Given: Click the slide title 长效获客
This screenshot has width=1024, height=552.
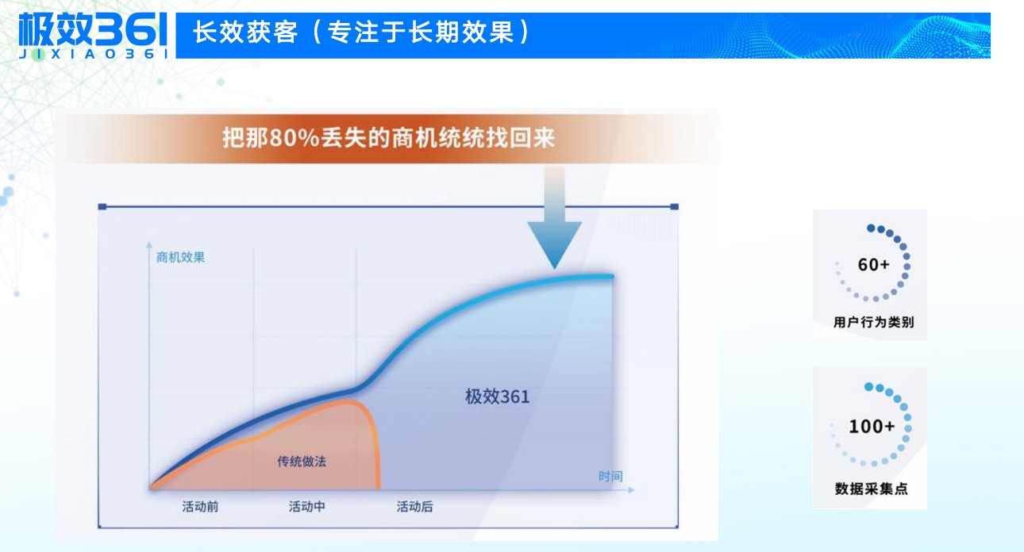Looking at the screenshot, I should (x=245, y=33).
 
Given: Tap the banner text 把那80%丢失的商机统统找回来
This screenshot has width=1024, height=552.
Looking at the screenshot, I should (x=388, y=138).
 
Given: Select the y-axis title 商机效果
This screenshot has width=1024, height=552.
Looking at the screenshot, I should (x=181, y=257).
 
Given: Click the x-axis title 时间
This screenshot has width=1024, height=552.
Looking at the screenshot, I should (x=610, y=476).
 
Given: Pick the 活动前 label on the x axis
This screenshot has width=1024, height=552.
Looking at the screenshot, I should (x=200, y=506).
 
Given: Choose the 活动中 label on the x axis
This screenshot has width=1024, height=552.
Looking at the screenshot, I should (x=306, y=506).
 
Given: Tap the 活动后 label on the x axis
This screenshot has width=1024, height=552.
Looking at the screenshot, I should (x=414, y=506).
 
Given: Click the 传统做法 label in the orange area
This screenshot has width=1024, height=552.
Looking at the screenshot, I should (x=302, y=461).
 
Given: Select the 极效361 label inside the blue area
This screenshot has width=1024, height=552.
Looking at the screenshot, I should (x=497, y=396).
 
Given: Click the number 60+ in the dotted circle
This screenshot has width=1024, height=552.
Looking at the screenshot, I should (x=873, y=265).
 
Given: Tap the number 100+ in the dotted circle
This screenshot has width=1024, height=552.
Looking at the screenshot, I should (x=872, y=427).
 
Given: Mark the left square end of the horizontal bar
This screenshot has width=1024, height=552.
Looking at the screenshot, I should (x=102, y=207).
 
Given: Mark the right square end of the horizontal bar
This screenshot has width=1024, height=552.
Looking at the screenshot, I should (x=675, y=207).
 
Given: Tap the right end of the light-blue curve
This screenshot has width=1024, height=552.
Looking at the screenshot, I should (x=612, y=276).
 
